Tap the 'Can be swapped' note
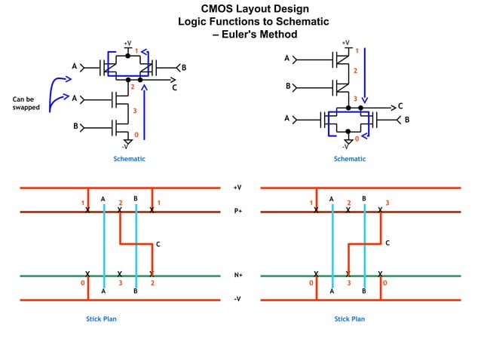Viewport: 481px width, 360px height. click(x=23, y=103)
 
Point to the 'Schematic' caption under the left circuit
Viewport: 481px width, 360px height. click(x=129, y=159)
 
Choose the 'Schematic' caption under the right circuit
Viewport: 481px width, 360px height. click(x=350, y=159)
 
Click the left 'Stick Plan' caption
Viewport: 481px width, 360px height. click(x=101, y=319)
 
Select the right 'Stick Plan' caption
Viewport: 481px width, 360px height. click(x=350, y=319)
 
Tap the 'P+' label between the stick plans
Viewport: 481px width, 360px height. click(x=238, y=212)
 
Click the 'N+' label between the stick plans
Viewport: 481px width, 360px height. click(x=238, y=276)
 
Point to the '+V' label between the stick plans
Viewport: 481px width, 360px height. click(x=237, y=188)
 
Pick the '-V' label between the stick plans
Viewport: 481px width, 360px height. click(x=237, y=300)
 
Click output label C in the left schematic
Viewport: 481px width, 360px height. click(x=174, y=88)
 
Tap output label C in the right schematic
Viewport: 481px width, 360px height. click(x=400, y=106)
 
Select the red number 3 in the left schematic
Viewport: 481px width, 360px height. click(x=134, y=111)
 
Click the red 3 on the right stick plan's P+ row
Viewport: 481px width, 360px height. click(x=387, y=203)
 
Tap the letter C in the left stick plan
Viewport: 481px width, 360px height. click(x=158, y=244)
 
